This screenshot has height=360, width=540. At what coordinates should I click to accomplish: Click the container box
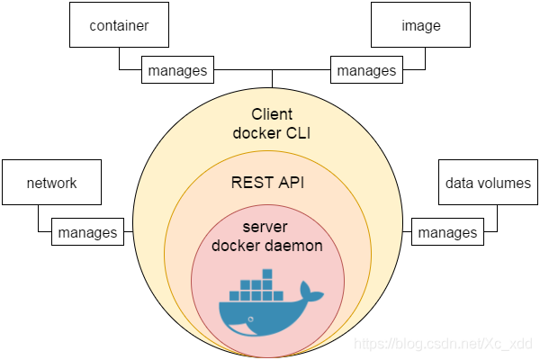click(x=119, y=25)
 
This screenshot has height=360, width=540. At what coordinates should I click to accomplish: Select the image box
click(x=421, y=25)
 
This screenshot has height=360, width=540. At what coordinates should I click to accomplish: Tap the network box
click(x=51, y=183)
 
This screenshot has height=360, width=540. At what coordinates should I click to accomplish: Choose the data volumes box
click(x=488, y=183)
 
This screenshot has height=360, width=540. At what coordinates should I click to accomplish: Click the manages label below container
click(x=177, y=70)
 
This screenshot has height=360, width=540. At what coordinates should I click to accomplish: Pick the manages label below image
click(x=365, y=70)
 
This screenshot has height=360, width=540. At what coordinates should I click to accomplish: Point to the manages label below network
click(x=87, y=232)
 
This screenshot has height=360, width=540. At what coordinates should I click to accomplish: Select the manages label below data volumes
click(x=447, y=232)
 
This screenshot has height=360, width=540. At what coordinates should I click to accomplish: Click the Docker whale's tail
click(x=310, y=292)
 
